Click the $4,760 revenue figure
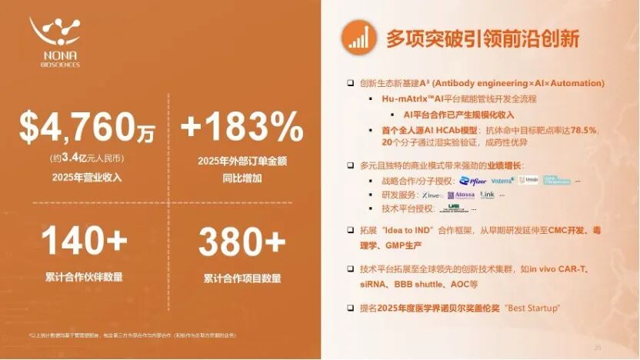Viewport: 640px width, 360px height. pyautogui.click(x=86, y=127)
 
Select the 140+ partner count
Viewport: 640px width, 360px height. pyautogui.click(x=85, y=242)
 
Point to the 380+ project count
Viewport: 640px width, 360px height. pyautogui.click(x=241, y=242)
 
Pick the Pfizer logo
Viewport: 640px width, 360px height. pyautogui.click(x=473, y=181)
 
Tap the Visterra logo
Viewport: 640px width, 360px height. pyautogui.click(x=502, y=181)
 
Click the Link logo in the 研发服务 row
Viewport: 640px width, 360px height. pyautogui.click(x=488, y=195)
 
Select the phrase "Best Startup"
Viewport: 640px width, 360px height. pyautogui.click(x=532, y=308)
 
